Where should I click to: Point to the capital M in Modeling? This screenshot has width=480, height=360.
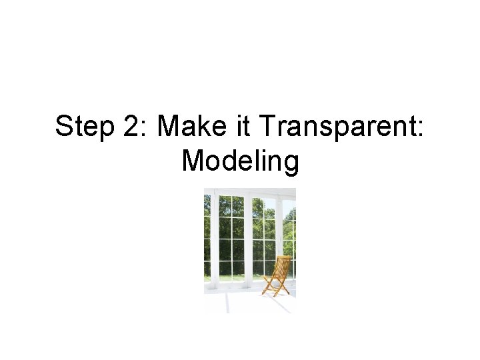point(193,161)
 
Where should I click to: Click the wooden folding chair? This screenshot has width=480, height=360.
point(277,275)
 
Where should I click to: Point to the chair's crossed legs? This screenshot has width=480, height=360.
point(275,287)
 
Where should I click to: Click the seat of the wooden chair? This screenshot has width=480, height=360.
point(273,278)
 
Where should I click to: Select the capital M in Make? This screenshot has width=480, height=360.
point(168,126)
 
